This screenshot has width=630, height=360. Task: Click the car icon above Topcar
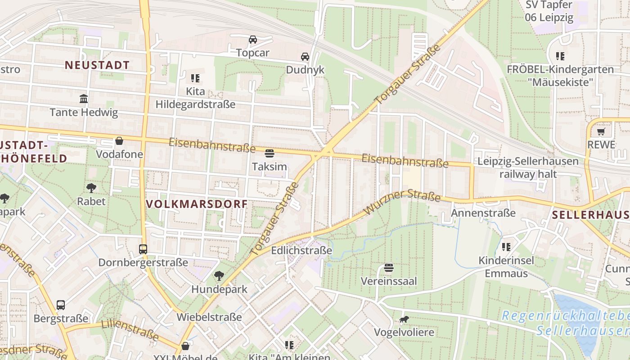tap(253, 40)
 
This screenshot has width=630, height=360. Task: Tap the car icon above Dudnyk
tap(305, 57)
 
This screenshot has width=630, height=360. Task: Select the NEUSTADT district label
tap(97, 65)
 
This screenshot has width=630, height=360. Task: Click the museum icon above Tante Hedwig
tap(84, 99)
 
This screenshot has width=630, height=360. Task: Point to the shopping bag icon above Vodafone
tap(119, 141)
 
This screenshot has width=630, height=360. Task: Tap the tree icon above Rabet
tap(91, 188)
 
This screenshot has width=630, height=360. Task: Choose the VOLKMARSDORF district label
tap(197, 204)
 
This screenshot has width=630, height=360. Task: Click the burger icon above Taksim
tap(270, 153)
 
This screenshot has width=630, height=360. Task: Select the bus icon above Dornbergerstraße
tap(143, 249)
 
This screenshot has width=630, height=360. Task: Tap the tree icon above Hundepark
tap(219, 275)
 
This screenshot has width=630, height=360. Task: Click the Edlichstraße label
tap(301, 250)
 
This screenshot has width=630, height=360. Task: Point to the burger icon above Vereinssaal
tap(389, 268)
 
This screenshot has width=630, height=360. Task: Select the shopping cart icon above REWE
tap(601, 131)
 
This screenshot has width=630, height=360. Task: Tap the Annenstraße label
tap(483, 212)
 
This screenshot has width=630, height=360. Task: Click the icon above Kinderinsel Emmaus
tap(506, 247)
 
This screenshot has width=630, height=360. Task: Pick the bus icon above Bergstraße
tap(61, 305)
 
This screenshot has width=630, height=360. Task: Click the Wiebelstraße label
tap(209, 317)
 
